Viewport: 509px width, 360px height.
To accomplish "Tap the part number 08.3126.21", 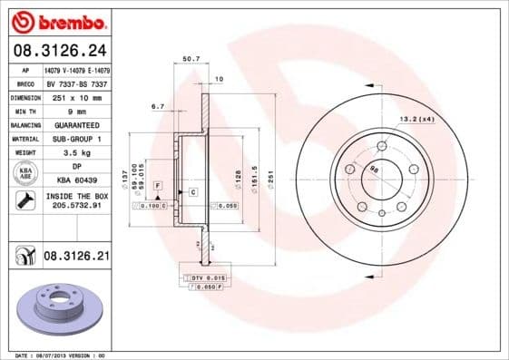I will click(76, 257).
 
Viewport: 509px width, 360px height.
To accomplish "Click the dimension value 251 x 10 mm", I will click(77, 96).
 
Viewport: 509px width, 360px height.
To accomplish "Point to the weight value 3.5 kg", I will click(77, 152).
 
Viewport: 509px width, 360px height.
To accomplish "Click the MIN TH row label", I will click(26, 110).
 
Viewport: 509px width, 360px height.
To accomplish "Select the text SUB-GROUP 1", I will click(77, 138).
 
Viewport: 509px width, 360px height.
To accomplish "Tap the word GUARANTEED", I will click(77, 124).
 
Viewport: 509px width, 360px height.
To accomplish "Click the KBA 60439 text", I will click(77, 180).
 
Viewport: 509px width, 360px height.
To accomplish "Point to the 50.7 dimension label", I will click(191, 59).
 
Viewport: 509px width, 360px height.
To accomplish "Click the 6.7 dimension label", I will click(157, 106).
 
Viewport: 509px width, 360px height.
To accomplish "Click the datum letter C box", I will click(193, 192).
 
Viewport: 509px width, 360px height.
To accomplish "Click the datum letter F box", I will click(158, 185).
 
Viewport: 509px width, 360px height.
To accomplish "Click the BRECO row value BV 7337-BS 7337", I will click(77, 83).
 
